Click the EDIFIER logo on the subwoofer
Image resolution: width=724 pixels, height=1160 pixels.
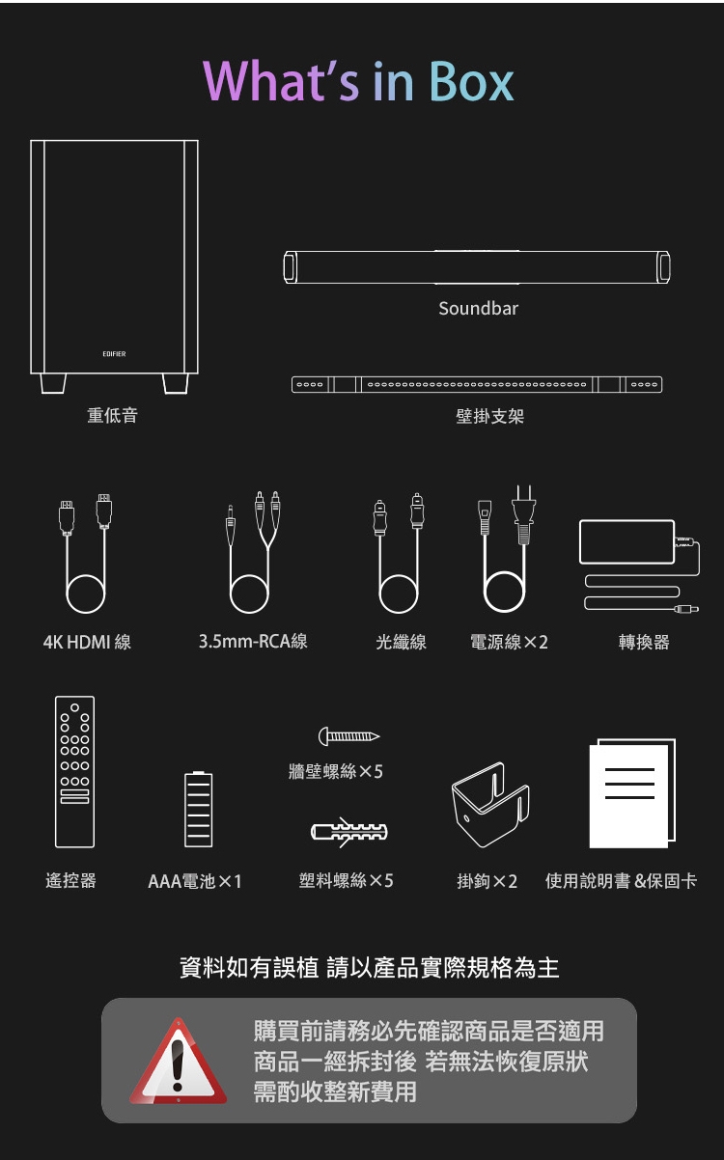point(114,354)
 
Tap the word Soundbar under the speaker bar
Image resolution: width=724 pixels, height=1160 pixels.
point(478,309)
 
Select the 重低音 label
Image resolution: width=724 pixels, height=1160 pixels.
point(112,416)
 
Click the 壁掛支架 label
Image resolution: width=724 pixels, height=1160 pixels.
point(489,416)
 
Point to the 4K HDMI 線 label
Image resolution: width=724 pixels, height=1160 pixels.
point(87,642)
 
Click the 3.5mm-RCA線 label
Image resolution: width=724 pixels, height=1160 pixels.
point(253,642)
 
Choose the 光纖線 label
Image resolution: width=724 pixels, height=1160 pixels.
point(401,642)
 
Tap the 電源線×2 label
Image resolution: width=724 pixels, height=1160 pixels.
point(509,642)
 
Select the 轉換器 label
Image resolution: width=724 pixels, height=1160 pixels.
point(644,642)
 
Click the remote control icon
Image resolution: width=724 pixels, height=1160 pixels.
point(74,771)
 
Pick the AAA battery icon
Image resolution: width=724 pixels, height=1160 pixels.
point(198,809)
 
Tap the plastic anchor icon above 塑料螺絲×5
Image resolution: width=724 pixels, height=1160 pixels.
point(348,831)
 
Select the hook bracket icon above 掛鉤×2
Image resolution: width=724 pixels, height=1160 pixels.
point(489,801)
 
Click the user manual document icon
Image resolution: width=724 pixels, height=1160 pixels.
point(631,793)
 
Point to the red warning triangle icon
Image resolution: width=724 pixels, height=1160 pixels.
point(178,1063)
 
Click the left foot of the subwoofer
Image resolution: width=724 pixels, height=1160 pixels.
point(54,383)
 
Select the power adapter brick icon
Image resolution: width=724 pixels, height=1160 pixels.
point(627,541)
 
